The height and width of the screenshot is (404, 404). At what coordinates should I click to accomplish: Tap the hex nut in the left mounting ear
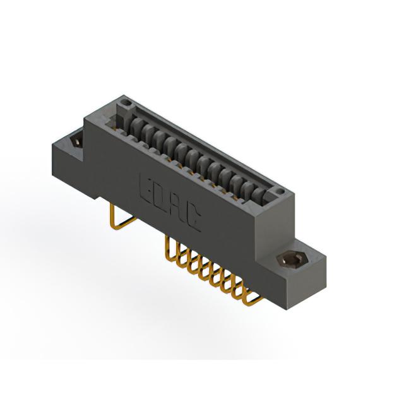[76, 141]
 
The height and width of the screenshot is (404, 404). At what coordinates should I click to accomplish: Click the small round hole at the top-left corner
[126, 103]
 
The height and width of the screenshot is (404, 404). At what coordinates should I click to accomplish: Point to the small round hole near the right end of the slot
[280, 191]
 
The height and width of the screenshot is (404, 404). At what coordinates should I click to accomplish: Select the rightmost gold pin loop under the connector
[252, 295]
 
